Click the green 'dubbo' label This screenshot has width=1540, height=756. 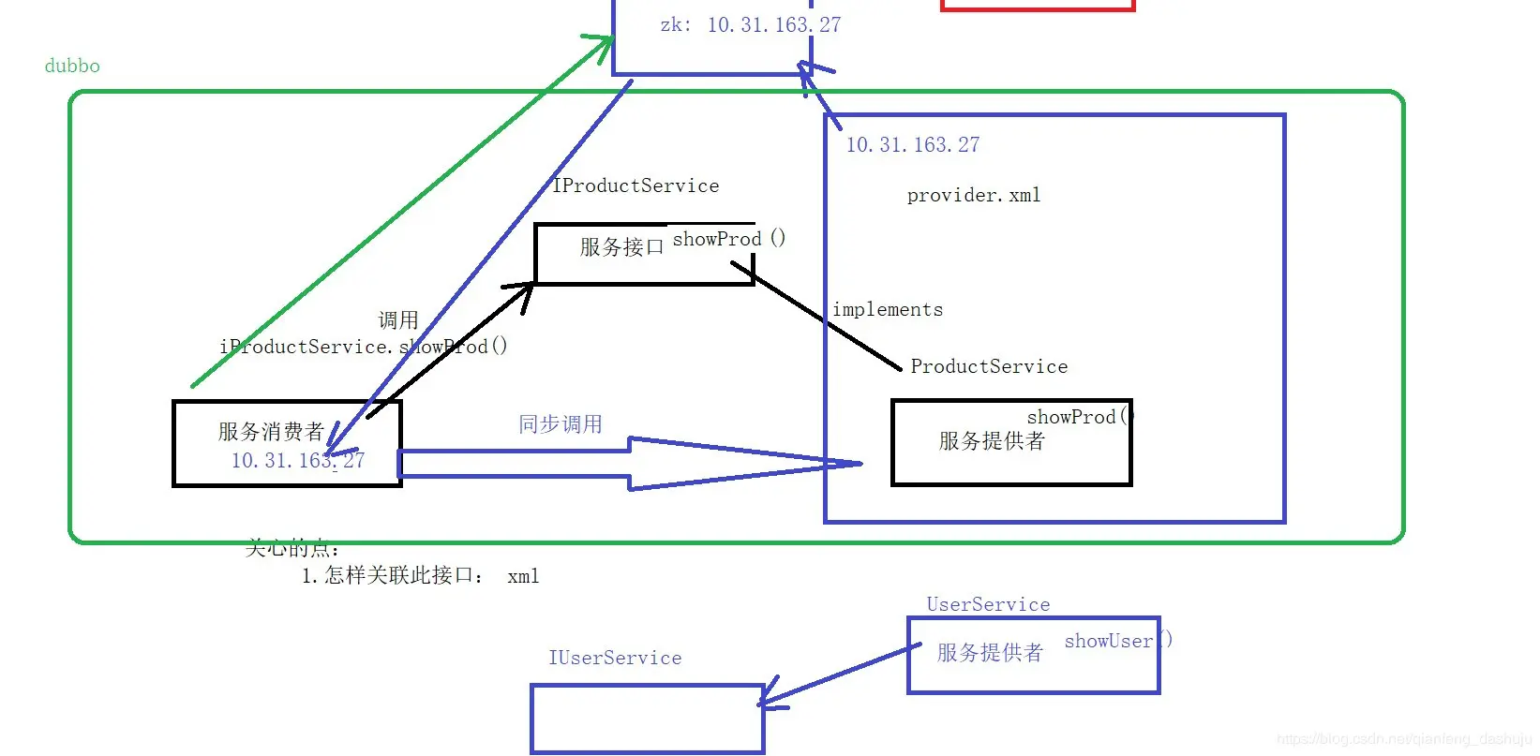pyautogui.click(x=72, y=66)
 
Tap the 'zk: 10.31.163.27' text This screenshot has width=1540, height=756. pyautogui.click(x=750, y=25)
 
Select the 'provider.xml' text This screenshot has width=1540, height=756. pyautogui.click(x=974, y=196)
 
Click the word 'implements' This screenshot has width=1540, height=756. pyautogui.click(x=888, y=310)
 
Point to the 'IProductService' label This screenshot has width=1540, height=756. pyautogui.click(x=636, y=185)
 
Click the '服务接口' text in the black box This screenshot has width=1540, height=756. pyautogui.click(x=621, y=247)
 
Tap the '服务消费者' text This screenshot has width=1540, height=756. pyautogui.click(x=271, y=432)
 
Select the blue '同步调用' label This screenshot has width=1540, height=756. pyautogui.click(x=561, y=424)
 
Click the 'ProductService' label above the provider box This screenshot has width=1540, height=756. pyautogui.click(x=989, y=366)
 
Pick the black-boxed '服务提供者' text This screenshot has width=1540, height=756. pyautogui.click(x=992, y=441)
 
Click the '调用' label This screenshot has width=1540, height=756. pyautogui.click(x=398, y=320)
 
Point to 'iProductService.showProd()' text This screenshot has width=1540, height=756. pyautogui.click(x=364, y=347)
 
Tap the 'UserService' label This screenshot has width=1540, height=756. pyautogui.click(x=988, y=604)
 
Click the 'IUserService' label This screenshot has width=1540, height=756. pyautogui.click(x=615, y=658)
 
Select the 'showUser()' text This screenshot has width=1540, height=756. pyautogui.click(x=1117, y=641)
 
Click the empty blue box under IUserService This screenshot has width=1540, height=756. pyautogui.click(x=647, y=719)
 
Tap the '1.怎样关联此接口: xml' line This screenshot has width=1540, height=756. pyautogui.click(x=420, y=576)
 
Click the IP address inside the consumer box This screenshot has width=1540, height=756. pyautogui.click(x=297, y=461)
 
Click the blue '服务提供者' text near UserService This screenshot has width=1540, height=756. pyautogui.click(x=990, y=653)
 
